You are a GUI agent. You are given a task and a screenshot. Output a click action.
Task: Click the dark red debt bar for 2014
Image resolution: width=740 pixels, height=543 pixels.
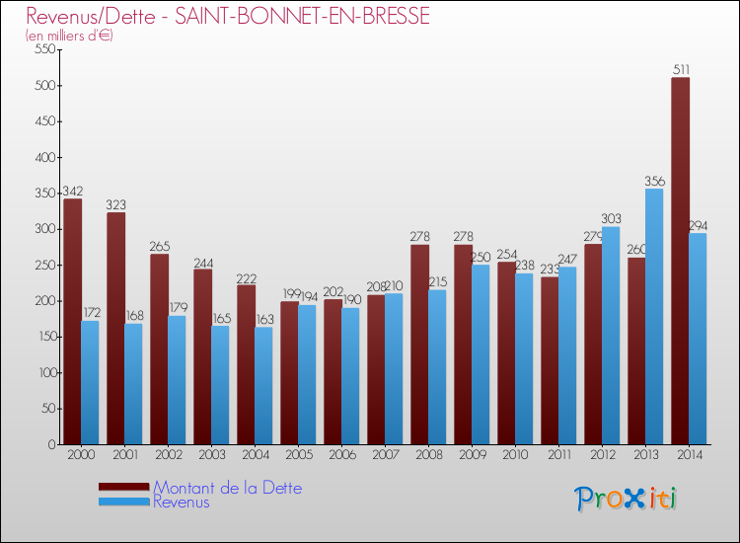coord(680,261)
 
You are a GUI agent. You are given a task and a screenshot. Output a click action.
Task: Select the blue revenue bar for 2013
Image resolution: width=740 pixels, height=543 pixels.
coord(654,316)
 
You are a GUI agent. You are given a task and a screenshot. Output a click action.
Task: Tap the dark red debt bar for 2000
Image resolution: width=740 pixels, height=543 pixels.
coord(72,322)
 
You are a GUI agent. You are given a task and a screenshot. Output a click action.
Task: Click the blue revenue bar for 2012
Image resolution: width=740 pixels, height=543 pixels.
coord(611,336)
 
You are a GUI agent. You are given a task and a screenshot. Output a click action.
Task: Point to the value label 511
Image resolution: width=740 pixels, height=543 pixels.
coord(681,69)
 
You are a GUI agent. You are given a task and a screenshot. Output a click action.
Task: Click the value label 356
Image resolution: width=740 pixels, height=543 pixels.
coord(654,181)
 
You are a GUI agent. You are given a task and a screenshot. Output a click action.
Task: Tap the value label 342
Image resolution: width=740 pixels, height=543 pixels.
coord(72,191)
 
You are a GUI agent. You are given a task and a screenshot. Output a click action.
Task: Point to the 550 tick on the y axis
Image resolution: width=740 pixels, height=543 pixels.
coord(44,50)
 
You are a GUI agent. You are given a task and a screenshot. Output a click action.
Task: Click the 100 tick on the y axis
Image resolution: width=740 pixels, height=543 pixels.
coord(44,373)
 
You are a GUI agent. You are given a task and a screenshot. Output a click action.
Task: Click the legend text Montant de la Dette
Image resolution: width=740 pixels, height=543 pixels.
coord(227,488)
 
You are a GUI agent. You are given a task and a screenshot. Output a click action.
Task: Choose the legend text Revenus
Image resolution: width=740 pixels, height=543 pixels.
coord(182,503)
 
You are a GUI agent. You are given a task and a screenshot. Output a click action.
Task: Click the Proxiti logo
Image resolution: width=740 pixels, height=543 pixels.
coord(625,499)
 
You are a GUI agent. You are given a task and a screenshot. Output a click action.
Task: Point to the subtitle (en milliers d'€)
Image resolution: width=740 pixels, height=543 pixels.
coord(69,36)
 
